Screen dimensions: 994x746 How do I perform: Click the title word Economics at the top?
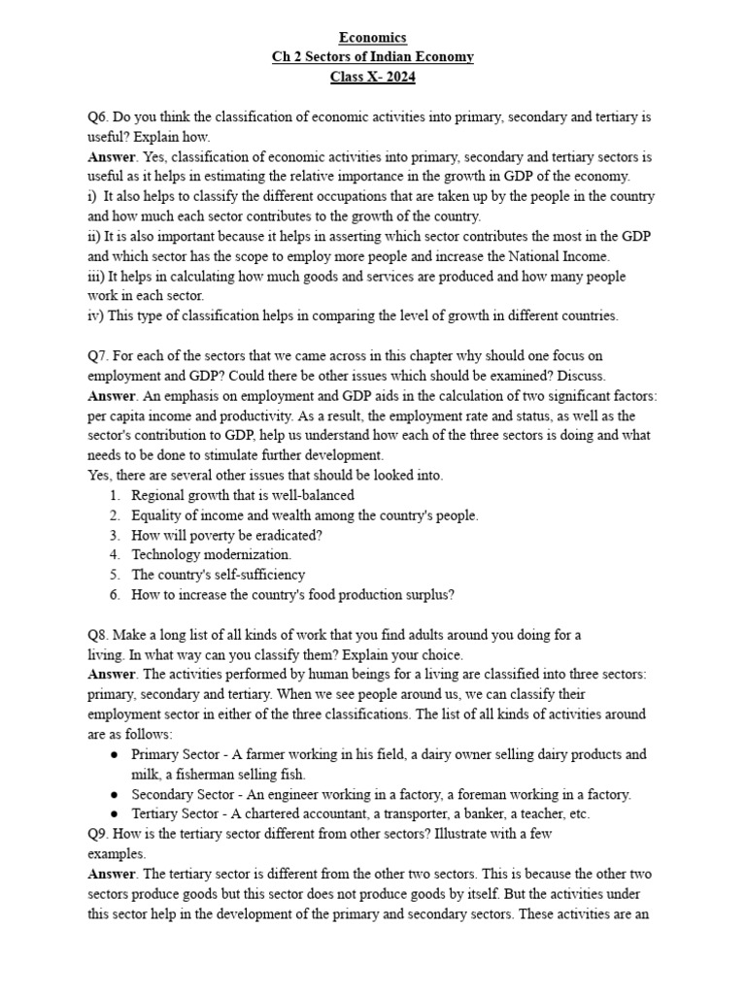[372, 38]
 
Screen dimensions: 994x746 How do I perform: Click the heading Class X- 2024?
[372, 77]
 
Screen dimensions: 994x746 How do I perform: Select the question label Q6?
[99, 117]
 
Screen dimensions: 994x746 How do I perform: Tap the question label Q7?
[99, 356]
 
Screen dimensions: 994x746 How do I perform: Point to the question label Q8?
[99, 635]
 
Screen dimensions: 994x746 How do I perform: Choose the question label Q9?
[99, 834]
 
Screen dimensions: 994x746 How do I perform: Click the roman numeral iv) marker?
[96, 315]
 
